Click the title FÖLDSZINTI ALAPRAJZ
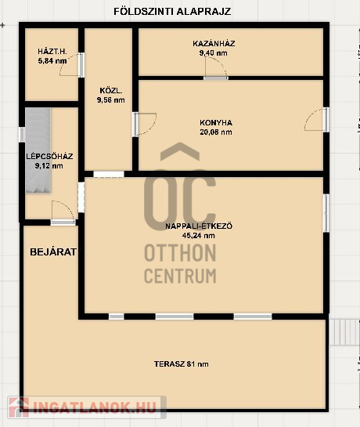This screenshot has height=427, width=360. [172, 12]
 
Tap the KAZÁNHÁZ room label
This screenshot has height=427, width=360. [214, 44]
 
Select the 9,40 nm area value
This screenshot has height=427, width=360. [214, 52]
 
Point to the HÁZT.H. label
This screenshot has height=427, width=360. [52, 51]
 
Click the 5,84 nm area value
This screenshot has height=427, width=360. [52, 61]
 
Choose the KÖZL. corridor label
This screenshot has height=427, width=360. [111, 90]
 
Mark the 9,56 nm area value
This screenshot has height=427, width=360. [111, 100]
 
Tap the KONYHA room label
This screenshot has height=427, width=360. [216, 123]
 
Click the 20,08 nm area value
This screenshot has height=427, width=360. [216, 132]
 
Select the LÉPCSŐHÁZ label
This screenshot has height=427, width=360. [49, 157]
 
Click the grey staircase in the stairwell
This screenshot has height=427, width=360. [38, 150]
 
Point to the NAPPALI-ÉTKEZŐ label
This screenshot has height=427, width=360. [199, 226]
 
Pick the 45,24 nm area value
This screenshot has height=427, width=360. [199, 236]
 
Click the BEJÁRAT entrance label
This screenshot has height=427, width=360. [53, 252]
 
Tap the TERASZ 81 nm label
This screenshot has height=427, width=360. [182, 364]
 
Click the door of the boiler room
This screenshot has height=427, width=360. [216, 78]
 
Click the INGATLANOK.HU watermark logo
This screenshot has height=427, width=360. [87, 407]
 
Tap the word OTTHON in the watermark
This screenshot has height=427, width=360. [180, 253]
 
